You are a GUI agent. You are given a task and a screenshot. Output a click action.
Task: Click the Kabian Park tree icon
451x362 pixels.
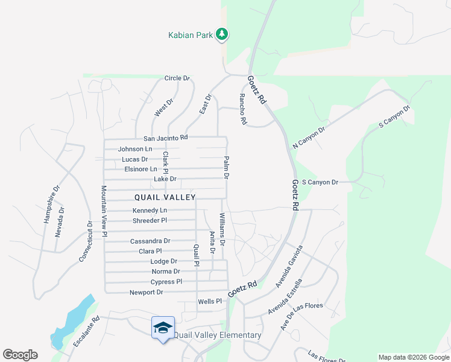(x=222, y=34)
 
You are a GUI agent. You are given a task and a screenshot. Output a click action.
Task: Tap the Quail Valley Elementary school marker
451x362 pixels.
(x=163, y=328)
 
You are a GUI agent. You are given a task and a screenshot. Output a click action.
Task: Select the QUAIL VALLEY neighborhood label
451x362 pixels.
(x=165, y=197)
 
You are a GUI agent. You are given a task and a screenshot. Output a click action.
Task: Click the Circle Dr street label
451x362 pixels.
(x=177, y=78)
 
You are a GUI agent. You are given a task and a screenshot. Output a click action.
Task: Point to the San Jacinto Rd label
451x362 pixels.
(x=165, y=138)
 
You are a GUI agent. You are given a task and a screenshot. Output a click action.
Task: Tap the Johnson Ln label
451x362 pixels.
(x=135, y=149)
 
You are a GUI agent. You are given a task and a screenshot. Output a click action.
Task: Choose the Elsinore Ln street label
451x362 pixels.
(x=140, y=169)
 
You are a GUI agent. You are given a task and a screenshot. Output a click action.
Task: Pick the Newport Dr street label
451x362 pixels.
(x=147, y=293)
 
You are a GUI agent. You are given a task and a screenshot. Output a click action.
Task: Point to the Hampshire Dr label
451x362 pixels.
(x=52, y=204)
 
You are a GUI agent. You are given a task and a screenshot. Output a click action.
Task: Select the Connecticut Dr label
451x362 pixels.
(x=86, y=241)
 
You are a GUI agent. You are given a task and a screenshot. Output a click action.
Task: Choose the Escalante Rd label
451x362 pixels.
(x=86, y=332)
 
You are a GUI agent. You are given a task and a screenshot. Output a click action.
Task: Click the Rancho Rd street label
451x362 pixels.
(x=243, y=109)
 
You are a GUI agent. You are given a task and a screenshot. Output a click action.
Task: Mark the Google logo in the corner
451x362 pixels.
(x=20, y=355)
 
